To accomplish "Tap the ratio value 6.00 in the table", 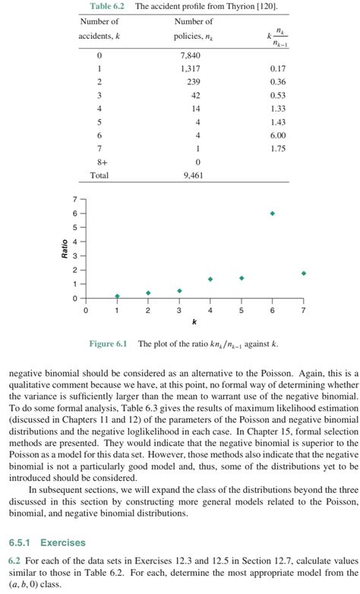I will [278, 135].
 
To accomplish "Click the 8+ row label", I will [99, 162].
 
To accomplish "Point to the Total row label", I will [99, 175].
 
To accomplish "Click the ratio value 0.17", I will [278, 69].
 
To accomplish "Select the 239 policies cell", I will [194, 82].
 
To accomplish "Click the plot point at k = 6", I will [272, 213].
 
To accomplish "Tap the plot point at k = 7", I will [303, 273].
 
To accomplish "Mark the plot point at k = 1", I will [117, 295].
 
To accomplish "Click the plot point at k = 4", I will [210, 279].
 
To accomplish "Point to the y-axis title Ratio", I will [65, 248].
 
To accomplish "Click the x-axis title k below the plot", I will [194, 322].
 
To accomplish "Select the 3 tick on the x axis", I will [179, 311].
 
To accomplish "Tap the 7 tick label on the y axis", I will [74, 199].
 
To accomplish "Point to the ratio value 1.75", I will [278, 149].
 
